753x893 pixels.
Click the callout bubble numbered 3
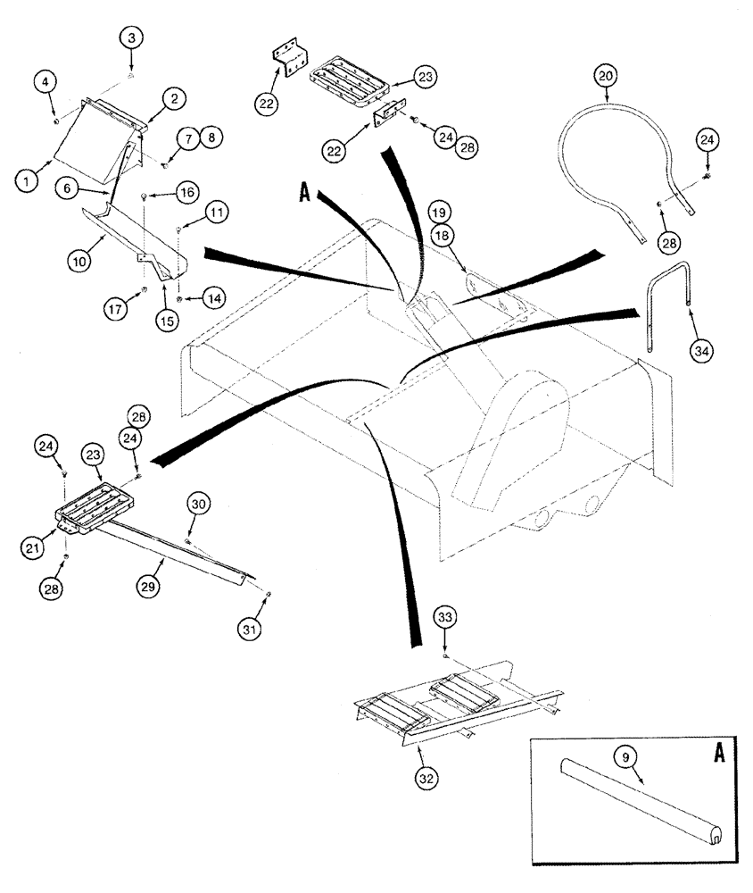click(131, 38)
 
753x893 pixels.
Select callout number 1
click(27, 179)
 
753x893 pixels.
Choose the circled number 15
click(167, 320)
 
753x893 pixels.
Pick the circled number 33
click(445, 617)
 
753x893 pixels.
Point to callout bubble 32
click(426, 775)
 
